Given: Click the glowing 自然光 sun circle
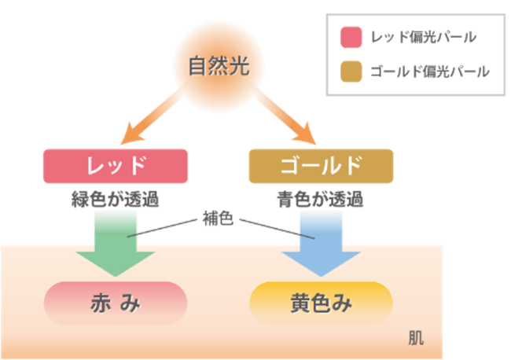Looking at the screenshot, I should tap(218, 68).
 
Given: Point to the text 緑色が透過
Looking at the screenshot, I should tap(116, 199).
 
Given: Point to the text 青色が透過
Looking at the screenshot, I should tap(320, 199).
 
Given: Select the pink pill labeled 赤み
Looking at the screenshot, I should tap(116, 303).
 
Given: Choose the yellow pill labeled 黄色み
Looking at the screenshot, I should tap(320, 303).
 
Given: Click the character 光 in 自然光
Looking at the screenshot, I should tap(239, 67).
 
